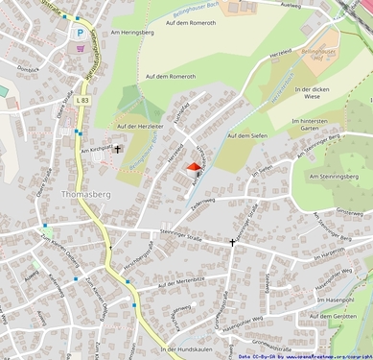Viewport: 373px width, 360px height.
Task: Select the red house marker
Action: click(x=193, y=169)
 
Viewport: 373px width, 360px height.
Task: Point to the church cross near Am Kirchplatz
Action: click(x=119, y=149)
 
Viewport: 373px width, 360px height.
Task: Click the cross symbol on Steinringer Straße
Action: click(x=231, y=242)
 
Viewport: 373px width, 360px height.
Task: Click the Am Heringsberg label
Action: click(x=132, y=33)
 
